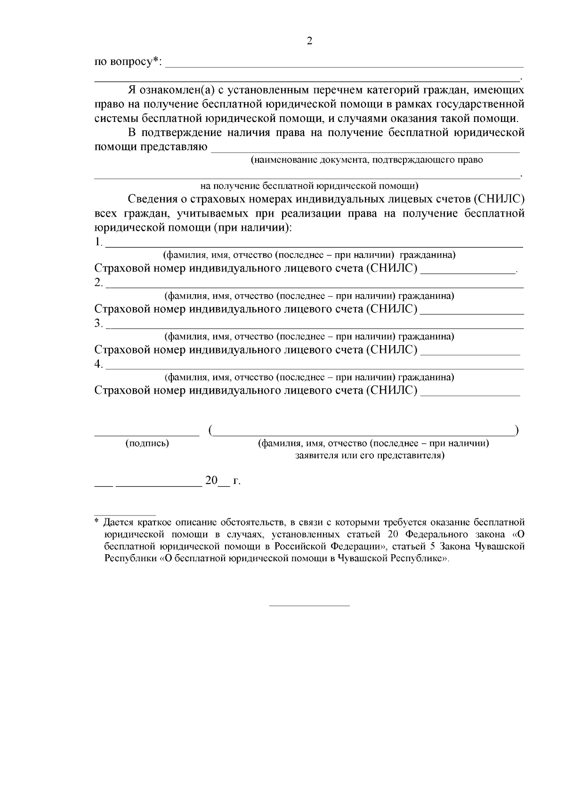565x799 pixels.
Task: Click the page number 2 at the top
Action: (x=309, y=41)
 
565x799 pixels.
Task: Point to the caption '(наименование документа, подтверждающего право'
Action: (x=367, y=160)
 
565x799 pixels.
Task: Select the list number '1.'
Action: (x=98, y=242)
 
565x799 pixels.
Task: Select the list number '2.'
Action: (x=98, y=283)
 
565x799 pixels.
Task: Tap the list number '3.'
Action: (x=98, y=324)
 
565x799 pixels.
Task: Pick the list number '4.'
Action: (x=98, y=364)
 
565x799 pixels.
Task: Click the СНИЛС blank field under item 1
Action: (x=468, y=272)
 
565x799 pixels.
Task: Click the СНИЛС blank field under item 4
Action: (x=470, y=395)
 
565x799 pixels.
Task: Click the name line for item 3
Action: (x=315, y=327)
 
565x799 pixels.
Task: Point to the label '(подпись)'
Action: (x=147, y=444)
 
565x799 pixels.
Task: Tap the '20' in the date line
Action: (x=211, y=481)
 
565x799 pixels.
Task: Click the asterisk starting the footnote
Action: (x=97, y=522)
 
